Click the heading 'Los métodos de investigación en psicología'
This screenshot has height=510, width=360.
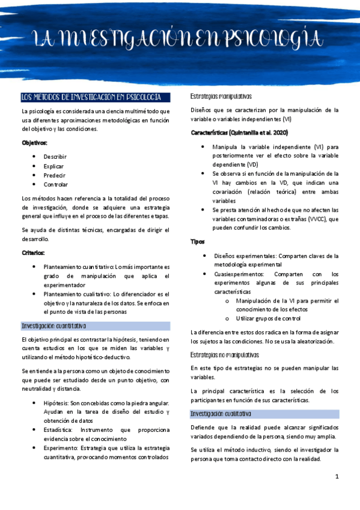(x=91, y=97)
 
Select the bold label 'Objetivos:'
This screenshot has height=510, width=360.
(x=34, y=143)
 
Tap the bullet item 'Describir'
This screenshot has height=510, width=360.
(x=55, y=156)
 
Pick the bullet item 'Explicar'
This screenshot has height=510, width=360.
(x=53, y=166)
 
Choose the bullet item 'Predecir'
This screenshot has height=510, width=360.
(x=53, y=175)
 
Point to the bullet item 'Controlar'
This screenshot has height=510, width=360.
(x=56, y=184)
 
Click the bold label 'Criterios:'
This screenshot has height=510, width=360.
(x=33, y=253)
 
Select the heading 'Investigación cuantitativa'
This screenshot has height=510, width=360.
(x=54, y=326)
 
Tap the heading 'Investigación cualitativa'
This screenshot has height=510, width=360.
(x=221, y=414)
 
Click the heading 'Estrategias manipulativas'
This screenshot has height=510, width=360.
(x=221, y=96)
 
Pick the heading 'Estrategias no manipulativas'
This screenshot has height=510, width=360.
(x=225, y=355)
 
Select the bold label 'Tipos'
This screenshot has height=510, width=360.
(x=197, y=241)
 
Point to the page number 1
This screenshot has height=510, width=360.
(x=337, y=476)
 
